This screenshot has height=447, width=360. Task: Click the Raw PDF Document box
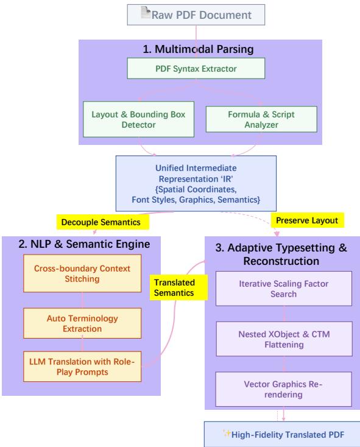(x=196, y=15)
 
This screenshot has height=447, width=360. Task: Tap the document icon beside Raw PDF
(x=146, y=13)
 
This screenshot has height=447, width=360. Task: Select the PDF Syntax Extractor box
(x=196, y=68)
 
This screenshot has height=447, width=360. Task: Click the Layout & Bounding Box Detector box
(x=138, y=119)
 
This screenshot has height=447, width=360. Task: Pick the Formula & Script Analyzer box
(x=261, y=119)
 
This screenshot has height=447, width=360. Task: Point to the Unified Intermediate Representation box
(x=196, y=183)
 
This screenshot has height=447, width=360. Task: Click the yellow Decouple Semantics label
(x=102, y=222)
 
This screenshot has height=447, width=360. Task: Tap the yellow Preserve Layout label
(x=307, y=220)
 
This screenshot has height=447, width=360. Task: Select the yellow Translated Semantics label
(x=178, y=287)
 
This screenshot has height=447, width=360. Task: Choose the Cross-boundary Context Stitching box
(x=82, y=273)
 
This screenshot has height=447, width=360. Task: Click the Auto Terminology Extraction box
(x=82, y=323)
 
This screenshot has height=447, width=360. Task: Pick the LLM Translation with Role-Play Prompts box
(x=82, y=367)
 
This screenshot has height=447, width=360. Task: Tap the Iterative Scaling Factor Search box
(x=284, y=289)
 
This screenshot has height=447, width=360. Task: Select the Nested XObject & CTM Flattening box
(x=284, y=339)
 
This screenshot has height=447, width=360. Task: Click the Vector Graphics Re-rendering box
(x=283, y=389)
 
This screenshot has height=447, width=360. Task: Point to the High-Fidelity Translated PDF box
(x=282, y=434)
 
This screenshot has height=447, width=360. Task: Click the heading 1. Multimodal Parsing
(x=198, y=49)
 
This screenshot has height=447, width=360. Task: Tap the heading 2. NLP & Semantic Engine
(x=84, y=244)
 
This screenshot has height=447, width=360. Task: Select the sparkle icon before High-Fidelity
(x=227, y=434)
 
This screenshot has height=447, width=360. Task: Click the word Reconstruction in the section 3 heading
(x=281, y=261)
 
